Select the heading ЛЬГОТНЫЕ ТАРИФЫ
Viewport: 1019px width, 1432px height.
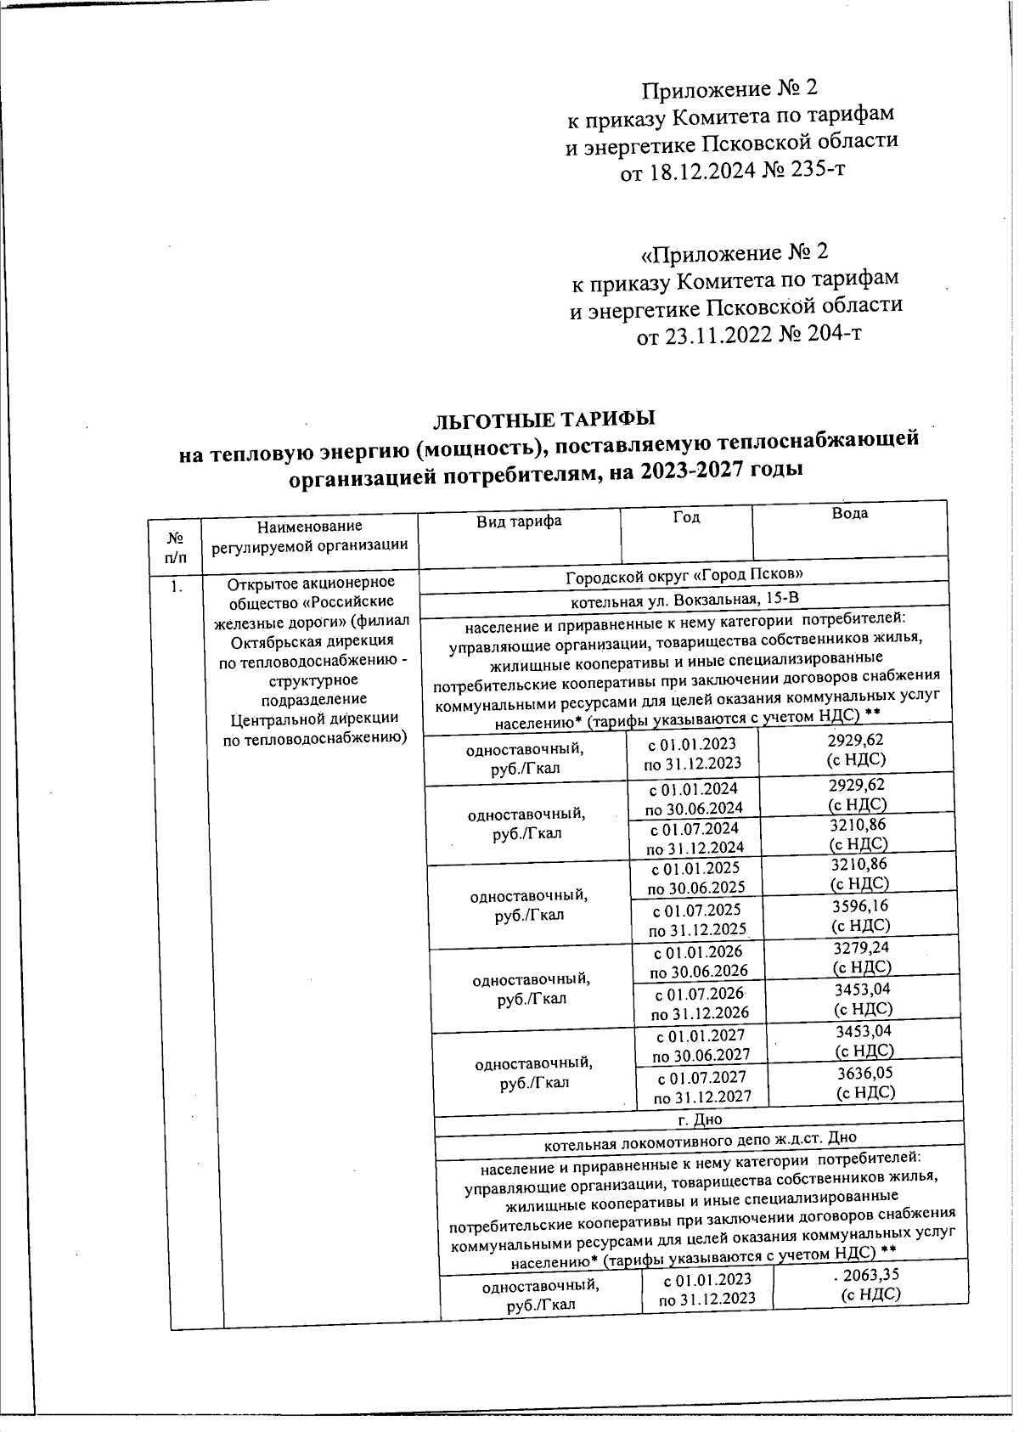click(x=544, y=420)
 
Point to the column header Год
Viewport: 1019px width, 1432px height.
click(x=685, y=516)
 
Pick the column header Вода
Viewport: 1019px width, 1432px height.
click(x=849, y=513)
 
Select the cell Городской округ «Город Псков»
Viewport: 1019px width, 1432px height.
click(x=684, y=575)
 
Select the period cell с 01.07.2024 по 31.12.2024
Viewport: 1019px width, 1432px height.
click(x=695, y=837)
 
